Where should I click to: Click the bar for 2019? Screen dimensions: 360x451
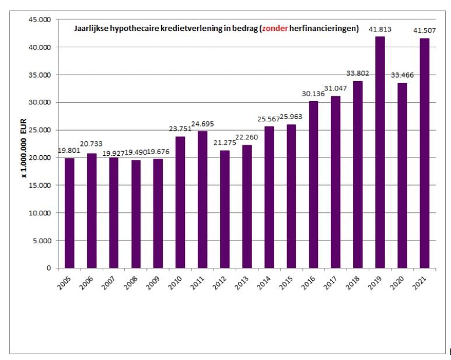pos(380,152)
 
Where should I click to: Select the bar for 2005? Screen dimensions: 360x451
pos(69,213)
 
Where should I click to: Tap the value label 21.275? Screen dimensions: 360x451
pos(225,143)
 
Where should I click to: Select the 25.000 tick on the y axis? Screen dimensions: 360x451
pos(40,130)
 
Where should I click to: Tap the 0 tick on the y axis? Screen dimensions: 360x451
pos(48,268)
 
